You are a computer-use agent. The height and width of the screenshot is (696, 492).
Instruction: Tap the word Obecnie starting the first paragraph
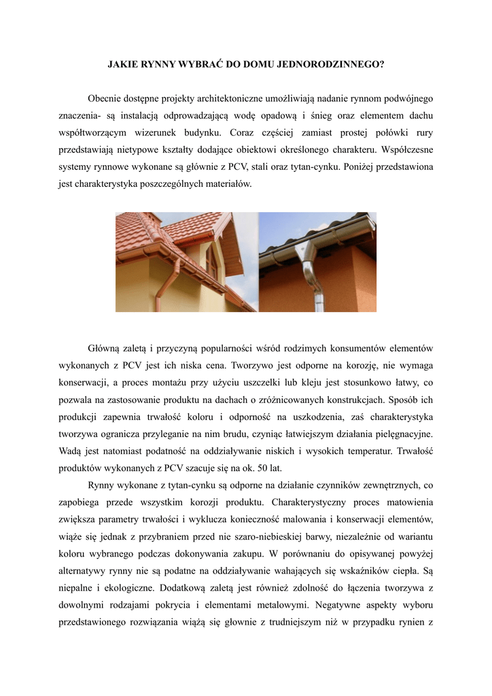click(107, 100)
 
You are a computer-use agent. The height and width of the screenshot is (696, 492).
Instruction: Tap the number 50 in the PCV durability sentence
click(252, 468)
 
